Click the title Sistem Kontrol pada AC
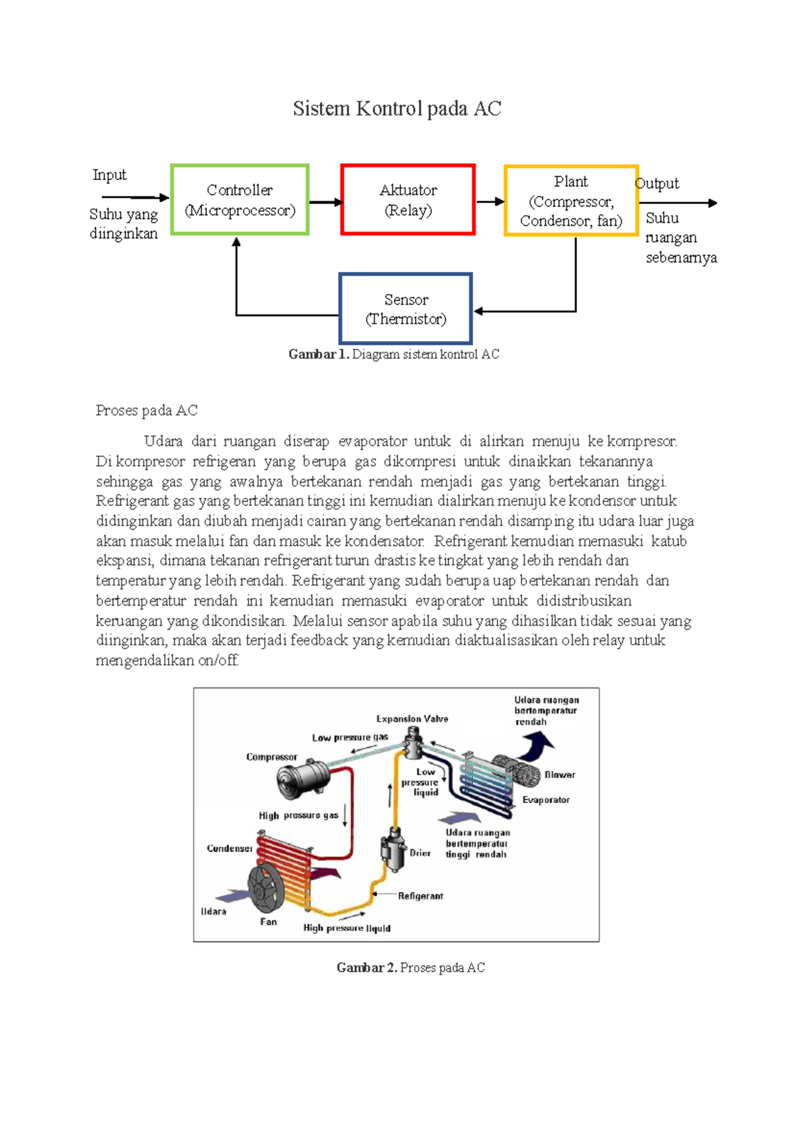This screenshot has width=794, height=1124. point(397,109)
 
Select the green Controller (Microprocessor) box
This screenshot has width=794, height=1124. point(240,200)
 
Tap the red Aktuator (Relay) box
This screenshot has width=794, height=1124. point(408,200)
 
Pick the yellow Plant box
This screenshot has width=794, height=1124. point(571,201)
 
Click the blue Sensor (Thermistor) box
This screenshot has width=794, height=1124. point(406,309)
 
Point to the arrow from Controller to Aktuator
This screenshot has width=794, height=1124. point(325,202)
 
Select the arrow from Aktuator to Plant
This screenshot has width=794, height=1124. point(490,202)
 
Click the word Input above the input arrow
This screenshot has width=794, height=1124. point(109,175)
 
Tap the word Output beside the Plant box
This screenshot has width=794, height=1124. point(657,183)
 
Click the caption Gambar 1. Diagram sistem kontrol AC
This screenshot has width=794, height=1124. point(394,354)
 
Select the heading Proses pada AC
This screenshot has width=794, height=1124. point(146,410)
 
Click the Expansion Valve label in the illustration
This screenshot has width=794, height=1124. point(412,719)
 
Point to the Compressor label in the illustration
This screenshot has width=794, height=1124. point(271,757)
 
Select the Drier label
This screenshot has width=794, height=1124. point(420,853)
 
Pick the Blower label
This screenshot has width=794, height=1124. point(560,774)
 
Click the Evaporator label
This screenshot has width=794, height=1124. point(546,800)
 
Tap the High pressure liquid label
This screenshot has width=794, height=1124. point(347,928)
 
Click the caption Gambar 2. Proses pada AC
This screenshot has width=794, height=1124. point(410,968)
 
